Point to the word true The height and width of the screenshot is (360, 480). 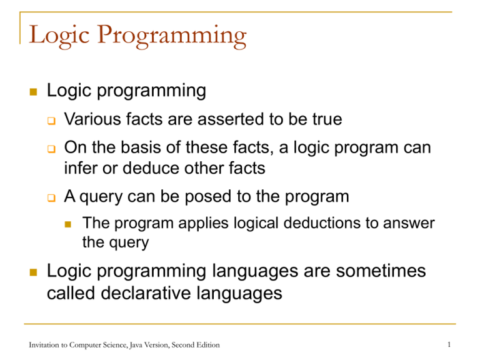coord(322,119)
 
